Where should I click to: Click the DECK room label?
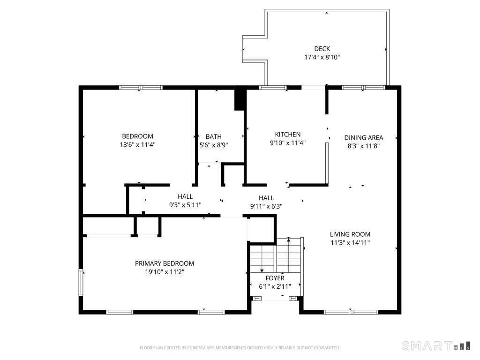click(x=322, y=49)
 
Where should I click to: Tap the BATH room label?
click(x=213, y=136)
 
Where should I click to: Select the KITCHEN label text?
click(x=288, y=135)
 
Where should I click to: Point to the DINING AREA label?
click(x=364, y=138)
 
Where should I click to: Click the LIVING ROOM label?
click(x=350, y=234)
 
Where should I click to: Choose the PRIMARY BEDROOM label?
click(x=165, y=263)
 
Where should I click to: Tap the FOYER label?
click(x=275, y=278)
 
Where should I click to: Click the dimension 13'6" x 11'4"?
click(x=138, y=145)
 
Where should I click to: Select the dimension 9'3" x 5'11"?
click(x=185, y=205)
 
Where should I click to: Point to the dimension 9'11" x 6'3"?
click(x=266, y=206)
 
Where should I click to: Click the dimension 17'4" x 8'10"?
click(x=322, y=57)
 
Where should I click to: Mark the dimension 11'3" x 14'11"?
click(x=350, y=243)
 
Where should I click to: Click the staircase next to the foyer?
click(x=276, y=255)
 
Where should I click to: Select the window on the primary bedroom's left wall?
click(x=81, y=282)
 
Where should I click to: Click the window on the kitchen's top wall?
click(x=273, y=88)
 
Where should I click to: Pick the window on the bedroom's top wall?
click(x=141, y=88)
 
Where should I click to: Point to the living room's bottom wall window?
click(x=351, y=312)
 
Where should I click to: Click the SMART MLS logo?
click(x=436, y=346)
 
